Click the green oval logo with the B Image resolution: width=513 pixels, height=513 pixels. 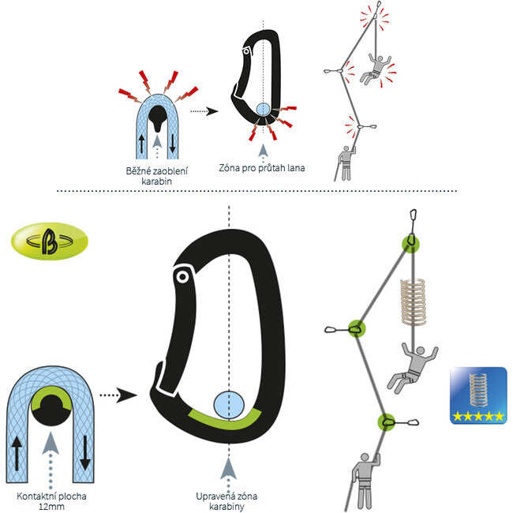coord(50,242)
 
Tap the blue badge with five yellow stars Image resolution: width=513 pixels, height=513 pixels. coord(478,395)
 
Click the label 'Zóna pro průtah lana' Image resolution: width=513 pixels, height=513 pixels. coord(262,168)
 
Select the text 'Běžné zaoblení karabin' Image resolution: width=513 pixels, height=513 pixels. coord(157,176)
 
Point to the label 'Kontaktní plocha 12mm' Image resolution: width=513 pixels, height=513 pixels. coord(51,501)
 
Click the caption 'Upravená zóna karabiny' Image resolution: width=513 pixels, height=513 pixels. coord(227,501)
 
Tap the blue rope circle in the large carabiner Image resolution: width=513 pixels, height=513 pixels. coord(229,405)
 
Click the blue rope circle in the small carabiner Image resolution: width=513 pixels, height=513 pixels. coord(263,110)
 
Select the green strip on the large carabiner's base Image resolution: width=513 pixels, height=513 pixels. coord(225,420)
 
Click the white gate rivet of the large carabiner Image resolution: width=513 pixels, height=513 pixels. coord(182,277)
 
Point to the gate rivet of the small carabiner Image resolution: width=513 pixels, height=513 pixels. coord(245,51)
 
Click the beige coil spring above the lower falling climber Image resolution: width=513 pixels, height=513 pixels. coord(414,302)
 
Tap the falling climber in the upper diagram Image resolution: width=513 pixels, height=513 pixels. coord(375,69)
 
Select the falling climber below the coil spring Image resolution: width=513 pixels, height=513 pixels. coord(412,367)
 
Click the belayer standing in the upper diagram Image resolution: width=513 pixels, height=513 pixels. coord(346,163)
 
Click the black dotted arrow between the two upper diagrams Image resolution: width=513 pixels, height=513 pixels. coord(204,111)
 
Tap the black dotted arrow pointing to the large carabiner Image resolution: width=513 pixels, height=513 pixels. coord(118,395)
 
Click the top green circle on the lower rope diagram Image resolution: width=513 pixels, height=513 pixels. coord(411,244)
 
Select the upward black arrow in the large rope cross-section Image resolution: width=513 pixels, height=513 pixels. coord(17,454)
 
